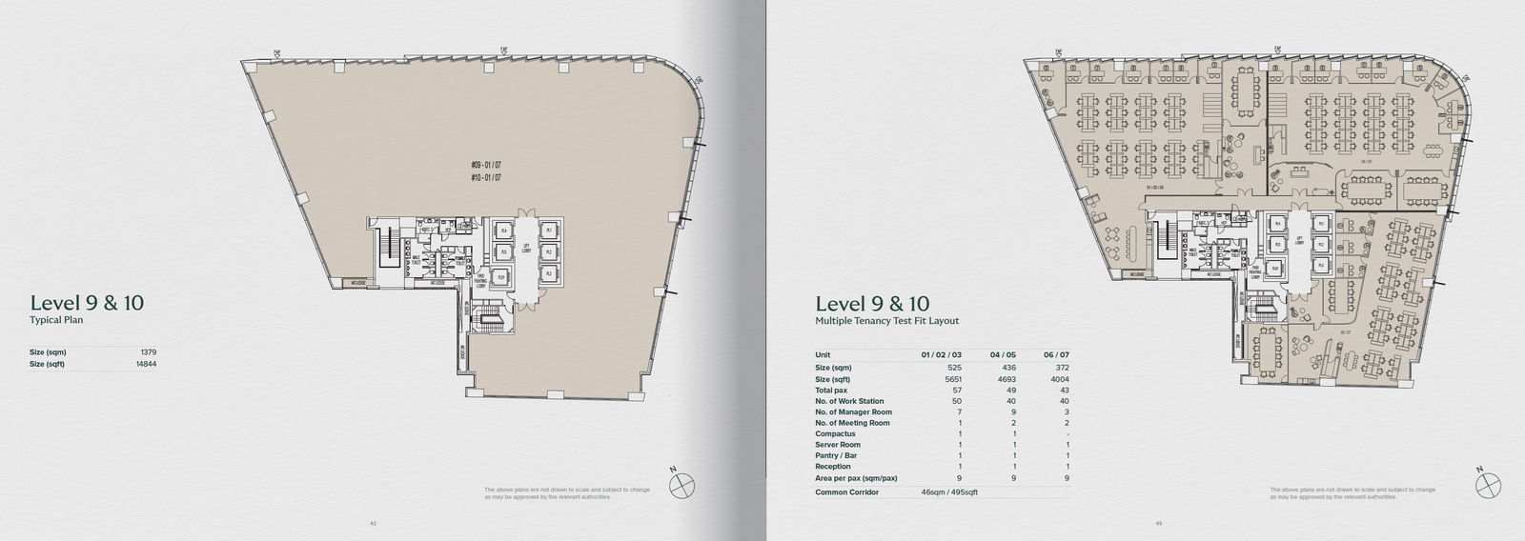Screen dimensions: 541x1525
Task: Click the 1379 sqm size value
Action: point(149,352)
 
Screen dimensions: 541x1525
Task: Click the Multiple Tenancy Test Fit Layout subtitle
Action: point(886,322)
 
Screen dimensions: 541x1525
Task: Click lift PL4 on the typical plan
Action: point(502,232)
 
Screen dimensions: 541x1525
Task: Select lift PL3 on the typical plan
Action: point(548,273)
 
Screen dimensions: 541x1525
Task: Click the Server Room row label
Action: point(838,445)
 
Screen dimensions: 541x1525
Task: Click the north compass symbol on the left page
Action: point(681,486)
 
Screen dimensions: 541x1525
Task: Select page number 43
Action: point(1158,522)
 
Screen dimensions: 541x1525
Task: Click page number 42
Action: point(374,522)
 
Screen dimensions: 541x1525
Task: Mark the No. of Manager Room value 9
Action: point(1014,412)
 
